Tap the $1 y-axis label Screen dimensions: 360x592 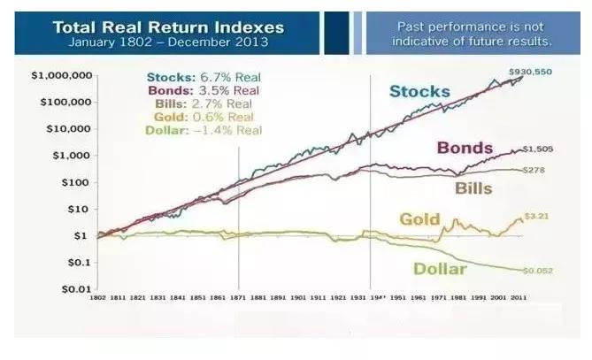pos(79,236)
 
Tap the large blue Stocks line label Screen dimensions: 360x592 pos(420,91)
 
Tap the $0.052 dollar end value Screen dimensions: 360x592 pos(542,269)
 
